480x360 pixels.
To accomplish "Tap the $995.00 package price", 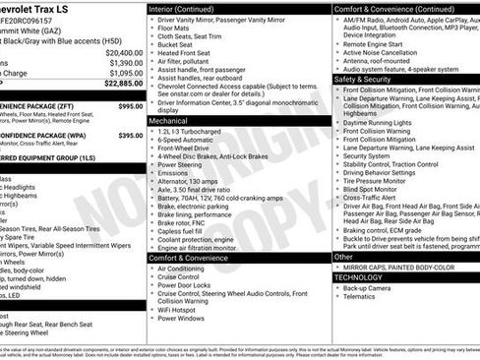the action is [130, 105].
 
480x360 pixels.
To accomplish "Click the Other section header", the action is [343, 256].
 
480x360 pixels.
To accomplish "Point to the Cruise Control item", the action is [186, 277].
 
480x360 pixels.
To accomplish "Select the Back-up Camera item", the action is [370, 287].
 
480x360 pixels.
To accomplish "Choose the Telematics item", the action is [363, 297].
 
